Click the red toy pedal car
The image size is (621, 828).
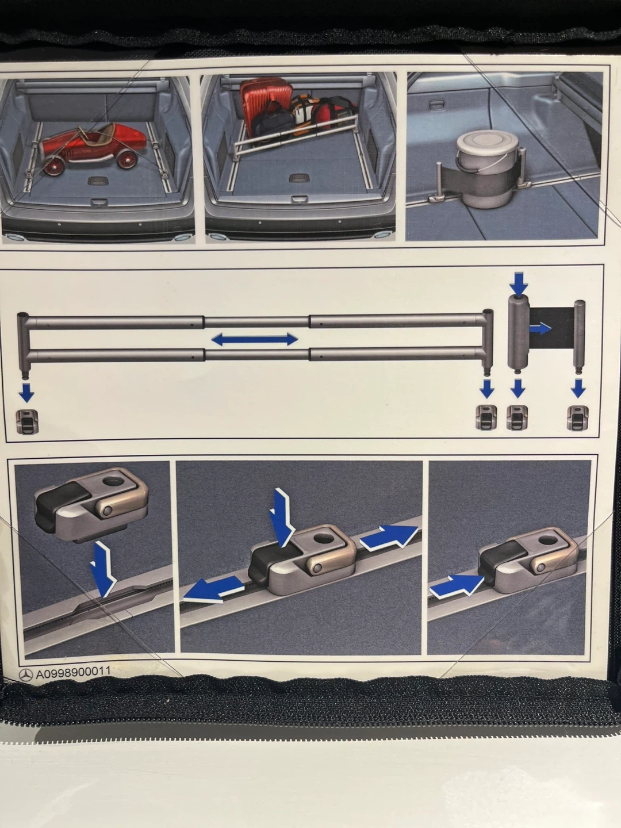93,149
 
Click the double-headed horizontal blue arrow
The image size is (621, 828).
255,339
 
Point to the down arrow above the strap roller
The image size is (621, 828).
519,285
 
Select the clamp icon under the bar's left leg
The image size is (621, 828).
27,421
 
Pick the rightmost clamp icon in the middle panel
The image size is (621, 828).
578,418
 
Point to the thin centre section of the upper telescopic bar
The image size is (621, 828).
256,322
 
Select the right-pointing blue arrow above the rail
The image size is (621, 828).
388,536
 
